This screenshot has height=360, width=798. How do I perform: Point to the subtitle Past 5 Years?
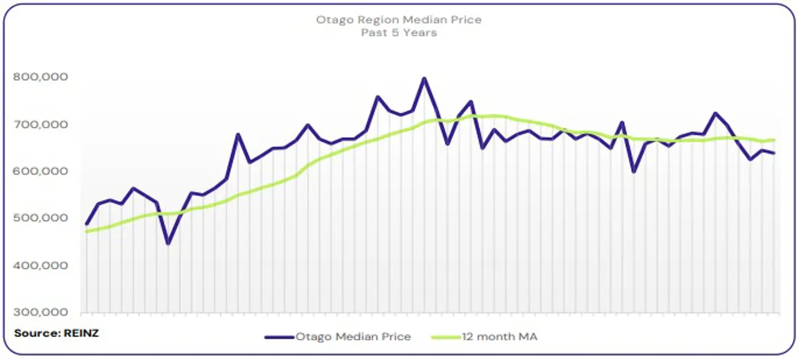398,32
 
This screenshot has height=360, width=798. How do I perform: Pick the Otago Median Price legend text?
353,337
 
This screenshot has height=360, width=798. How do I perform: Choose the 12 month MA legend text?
500,337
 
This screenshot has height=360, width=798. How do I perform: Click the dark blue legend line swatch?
279,337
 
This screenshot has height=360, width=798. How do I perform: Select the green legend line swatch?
446,337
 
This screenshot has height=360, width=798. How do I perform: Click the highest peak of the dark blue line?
424,78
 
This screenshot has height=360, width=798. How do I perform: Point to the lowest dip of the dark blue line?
168,244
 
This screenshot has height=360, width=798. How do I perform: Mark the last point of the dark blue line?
774,153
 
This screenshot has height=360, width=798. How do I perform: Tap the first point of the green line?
86,231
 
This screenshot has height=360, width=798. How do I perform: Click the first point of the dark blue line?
86,224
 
